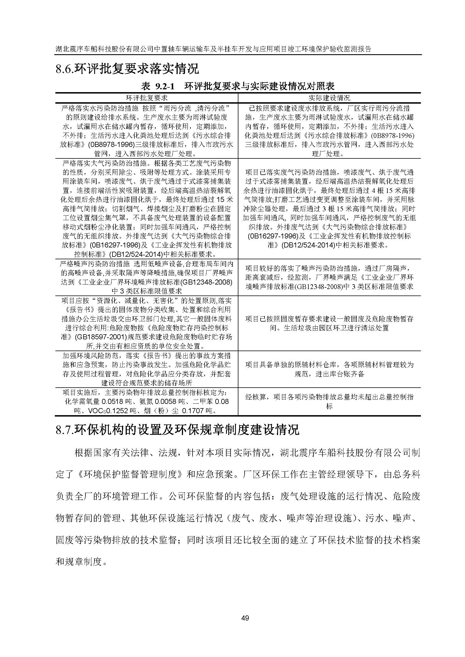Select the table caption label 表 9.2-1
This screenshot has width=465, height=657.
coord(158,86)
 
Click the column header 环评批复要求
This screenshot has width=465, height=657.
coord(146,98)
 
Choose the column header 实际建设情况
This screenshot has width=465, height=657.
coord(329,98)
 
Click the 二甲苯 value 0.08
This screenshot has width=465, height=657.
coord(222,402)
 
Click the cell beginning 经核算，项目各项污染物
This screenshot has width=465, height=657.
coord(329,401)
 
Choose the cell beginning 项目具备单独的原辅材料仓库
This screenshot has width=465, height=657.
coord(329,369)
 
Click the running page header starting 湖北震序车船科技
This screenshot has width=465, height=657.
coord(213,49)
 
